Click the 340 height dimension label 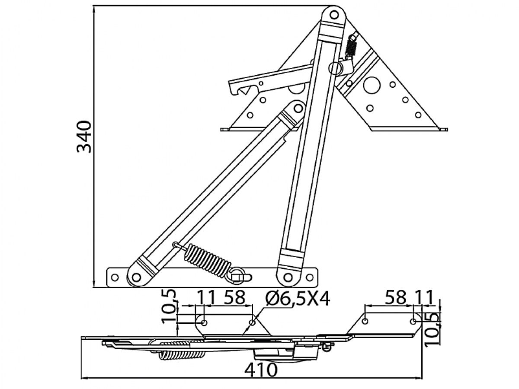(x=84, y=137)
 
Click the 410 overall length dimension (x=260, y=370)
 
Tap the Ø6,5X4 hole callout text (x=298, y=299)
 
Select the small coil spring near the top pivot (x=352, y=47)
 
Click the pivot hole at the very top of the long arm (x=334, y=15)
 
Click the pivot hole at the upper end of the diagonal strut (x=298, y=108)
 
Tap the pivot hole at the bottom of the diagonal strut (x=136, y=277)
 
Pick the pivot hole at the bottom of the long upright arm (x=288, y=277)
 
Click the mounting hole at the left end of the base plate (x=115, y=277)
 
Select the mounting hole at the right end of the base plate (x=310, y=277)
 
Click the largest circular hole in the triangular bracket (x=372, y=85)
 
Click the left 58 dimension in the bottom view (x=234, y=298)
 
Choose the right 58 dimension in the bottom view (x=395, y=298)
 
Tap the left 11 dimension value (x=206, y=298)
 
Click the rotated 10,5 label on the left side (x=169, y=306)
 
